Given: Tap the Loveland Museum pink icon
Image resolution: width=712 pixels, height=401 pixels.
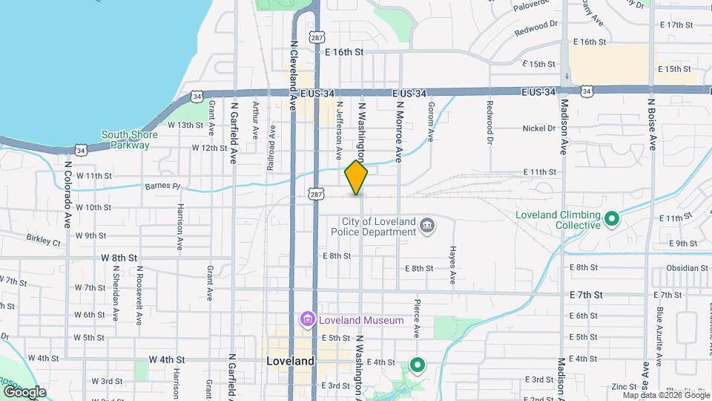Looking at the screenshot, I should [306, 320].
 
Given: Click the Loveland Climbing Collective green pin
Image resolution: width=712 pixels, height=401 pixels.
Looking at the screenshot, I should [611, 219].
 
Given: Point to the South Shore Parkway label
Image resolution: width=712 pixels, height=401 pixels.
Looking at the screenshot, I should [125, 140].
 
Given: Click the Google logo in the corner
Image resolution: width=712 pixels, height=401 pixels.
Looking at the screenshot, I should [24, 391].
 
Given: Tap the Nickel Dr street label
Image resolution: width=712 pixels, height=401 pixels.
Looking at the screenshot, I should [539, 128].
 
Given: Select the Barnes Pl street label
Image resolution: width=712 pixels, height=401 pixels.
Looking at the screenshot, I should [162, 186].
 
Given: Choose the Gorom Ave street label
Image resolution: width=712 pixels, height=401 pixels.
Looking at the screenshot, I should [430, 122].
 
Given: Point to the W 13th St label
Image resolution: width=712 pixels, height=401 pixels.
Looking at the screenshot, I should [185, 125].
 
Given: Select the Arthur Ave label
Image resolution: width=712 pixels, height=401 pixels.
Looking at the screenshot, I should [254, 120].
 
